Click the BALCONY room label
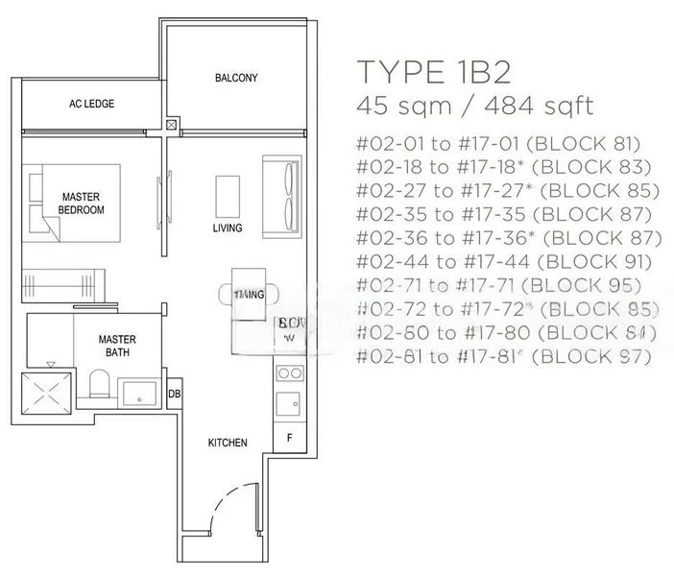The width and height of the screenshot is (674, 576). pyautogui.click(x=236, y=78)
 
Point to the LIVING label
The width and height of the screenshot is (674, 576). pyautogui.click(x=228, y=228)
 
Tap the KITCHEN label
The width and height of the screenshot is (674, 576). pyautogui.click(x=228, y=443)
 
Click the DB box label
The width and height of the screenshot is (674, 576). pyautogui.click(x=176, y=394)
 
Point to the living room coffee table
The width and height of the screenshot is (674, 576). pyautogui.click(x=228, y=195)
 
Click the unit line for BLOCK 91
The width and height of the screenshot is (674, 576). pyautogui.click(x=503, y=261)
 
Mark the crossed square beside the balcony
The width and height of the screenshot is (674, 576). pyautogui.click(x=172, y=124)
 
